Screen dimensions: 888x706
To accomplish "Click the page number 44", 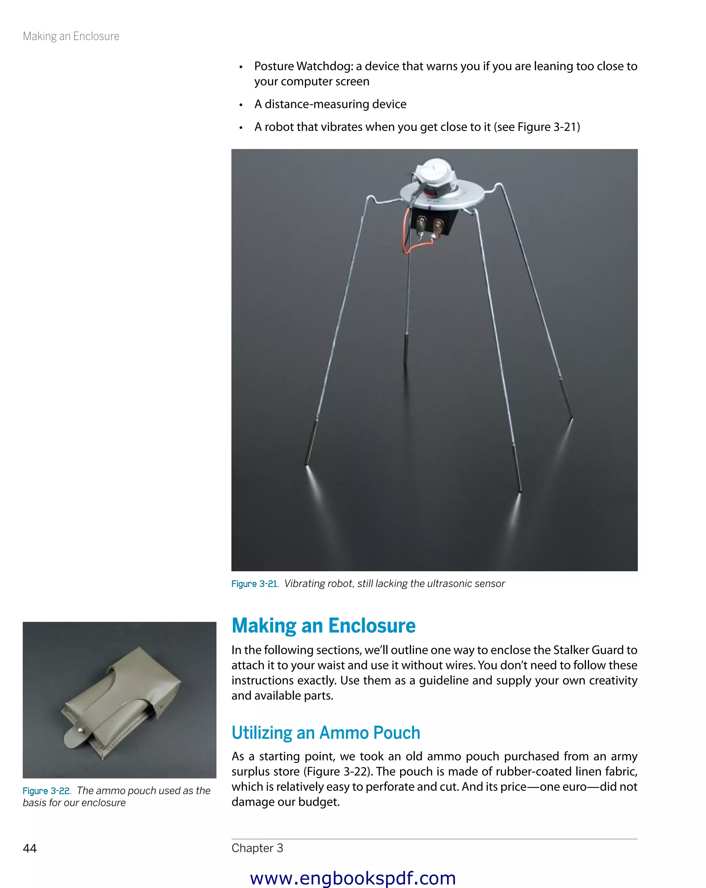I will tap(30, 848).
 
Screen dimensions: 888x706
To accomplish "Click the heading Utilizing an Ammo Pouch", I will tap(325, 733).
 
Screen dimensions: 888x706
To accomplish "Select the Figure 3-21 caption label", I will tap(254, 584).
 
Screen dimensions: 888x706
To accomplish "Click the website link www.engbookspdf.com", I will tap(353, 878).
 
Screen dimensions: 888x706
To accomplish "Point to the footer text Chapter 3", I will tap(257, 848).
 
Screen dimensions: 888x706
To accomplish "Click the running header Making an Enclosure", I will tap(71, 36).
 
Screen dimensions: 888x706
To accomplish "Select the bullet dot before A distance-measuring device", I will tap(241, 105).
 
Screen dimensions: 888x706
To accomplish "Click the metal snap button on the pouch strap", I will tap(80, 730).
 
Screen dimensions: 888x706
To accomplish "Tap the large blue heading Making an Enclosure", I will tap(323, 626).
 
